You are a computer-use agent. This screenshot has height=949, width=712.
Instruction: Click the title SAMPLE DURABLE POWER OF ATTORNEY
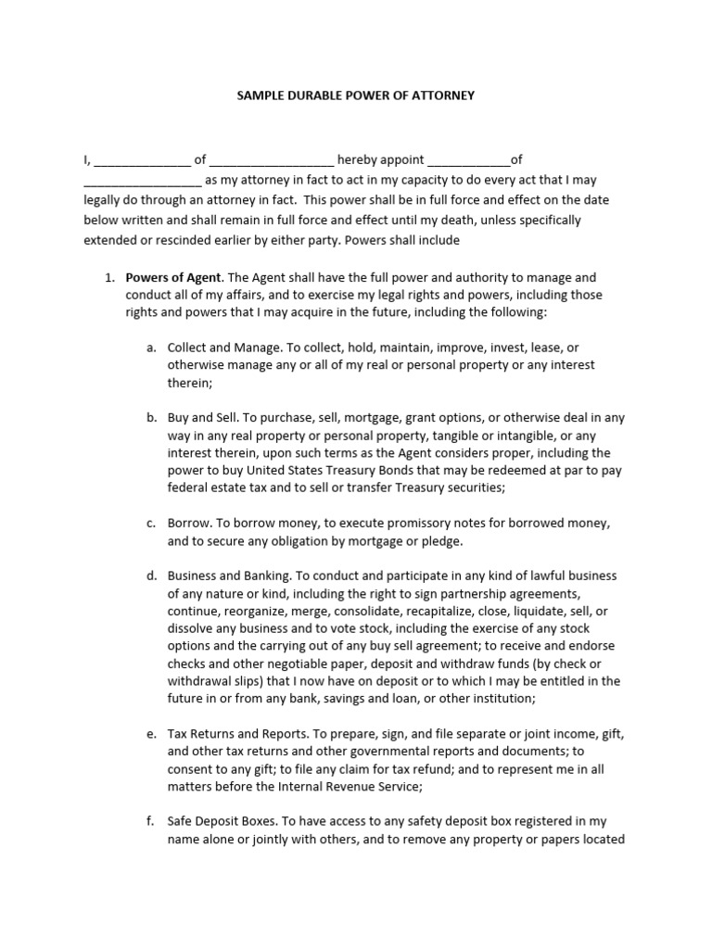pyautogui.click(x=356, y=95)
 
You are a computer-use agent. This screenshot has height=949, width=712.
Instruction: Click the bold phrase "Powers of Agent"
pyautogui.click(x=173, y=277)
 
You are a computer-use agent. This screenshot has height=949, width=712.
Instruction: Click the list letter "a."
pyautogui.click(x=151, y=348)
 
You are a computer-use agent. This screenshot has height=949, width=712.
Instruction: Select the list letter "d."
pyautogui.click(x=151, y=576)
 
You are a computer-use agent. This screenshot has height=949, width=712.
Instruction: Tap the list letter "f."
pyautogui.click(x=151, y=821)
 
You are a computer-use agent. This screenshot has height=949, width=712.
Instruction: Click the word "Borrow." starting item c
pyautogui.click(x=190, y=524)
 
